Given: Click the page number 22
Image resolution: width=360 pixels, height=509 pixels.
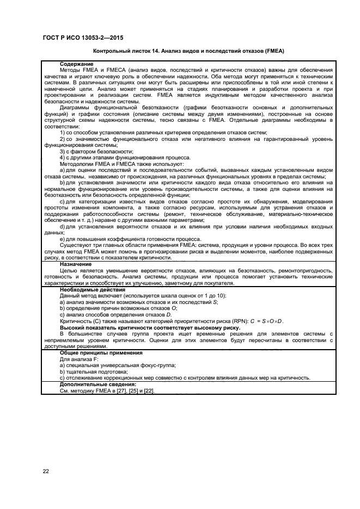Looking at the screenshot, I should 46,471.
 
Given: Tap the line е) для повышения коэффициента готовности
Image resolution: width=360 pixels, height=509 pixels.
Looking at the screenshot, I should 128,239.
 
